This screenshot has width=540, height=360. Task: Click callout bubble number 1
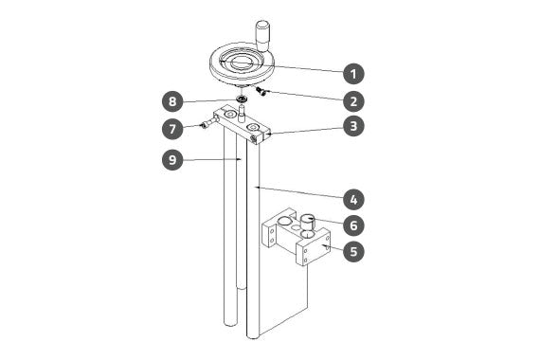[353, 73]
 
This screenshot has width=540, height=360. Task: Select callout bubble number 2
[353, 101]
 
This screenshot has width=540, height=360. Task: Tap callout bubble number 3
[353, 126]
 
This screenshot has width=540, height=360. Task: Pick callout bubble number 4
[353, 200]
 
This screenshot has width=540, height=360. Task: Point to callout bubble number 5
[353, 251]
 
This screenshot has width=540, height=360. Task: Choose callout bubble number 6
[353, 225]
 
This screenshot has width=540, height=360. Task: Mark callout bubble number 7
[172, 129]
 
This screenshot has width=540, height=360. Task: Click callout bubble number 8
[172, 101]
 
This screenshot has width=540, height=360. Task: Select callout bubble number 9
[172, 159]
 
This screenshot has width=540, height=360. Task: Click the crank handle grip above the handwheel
[263, 35]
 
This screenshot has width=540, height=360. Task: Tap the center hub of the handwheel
[242, 62]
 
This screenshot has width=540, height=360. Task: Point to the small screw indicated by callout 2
[261, 91]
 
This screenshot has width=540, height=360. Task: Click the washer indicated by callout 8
[243, 99]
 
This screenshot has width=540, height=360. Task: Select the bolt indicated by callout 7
[210, 122]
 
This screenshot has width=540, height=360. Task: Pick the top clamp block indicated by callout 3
[243, 125]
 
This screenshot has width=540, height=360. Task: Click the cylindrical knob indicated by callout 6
[308, 223]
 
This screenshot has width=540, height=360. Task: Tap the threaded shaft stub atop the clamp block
[242, 114]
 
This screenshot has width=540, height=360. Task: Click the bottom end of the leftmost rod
[230, 324]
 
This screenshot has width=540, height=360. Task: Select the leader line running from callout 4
[298, 193]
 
